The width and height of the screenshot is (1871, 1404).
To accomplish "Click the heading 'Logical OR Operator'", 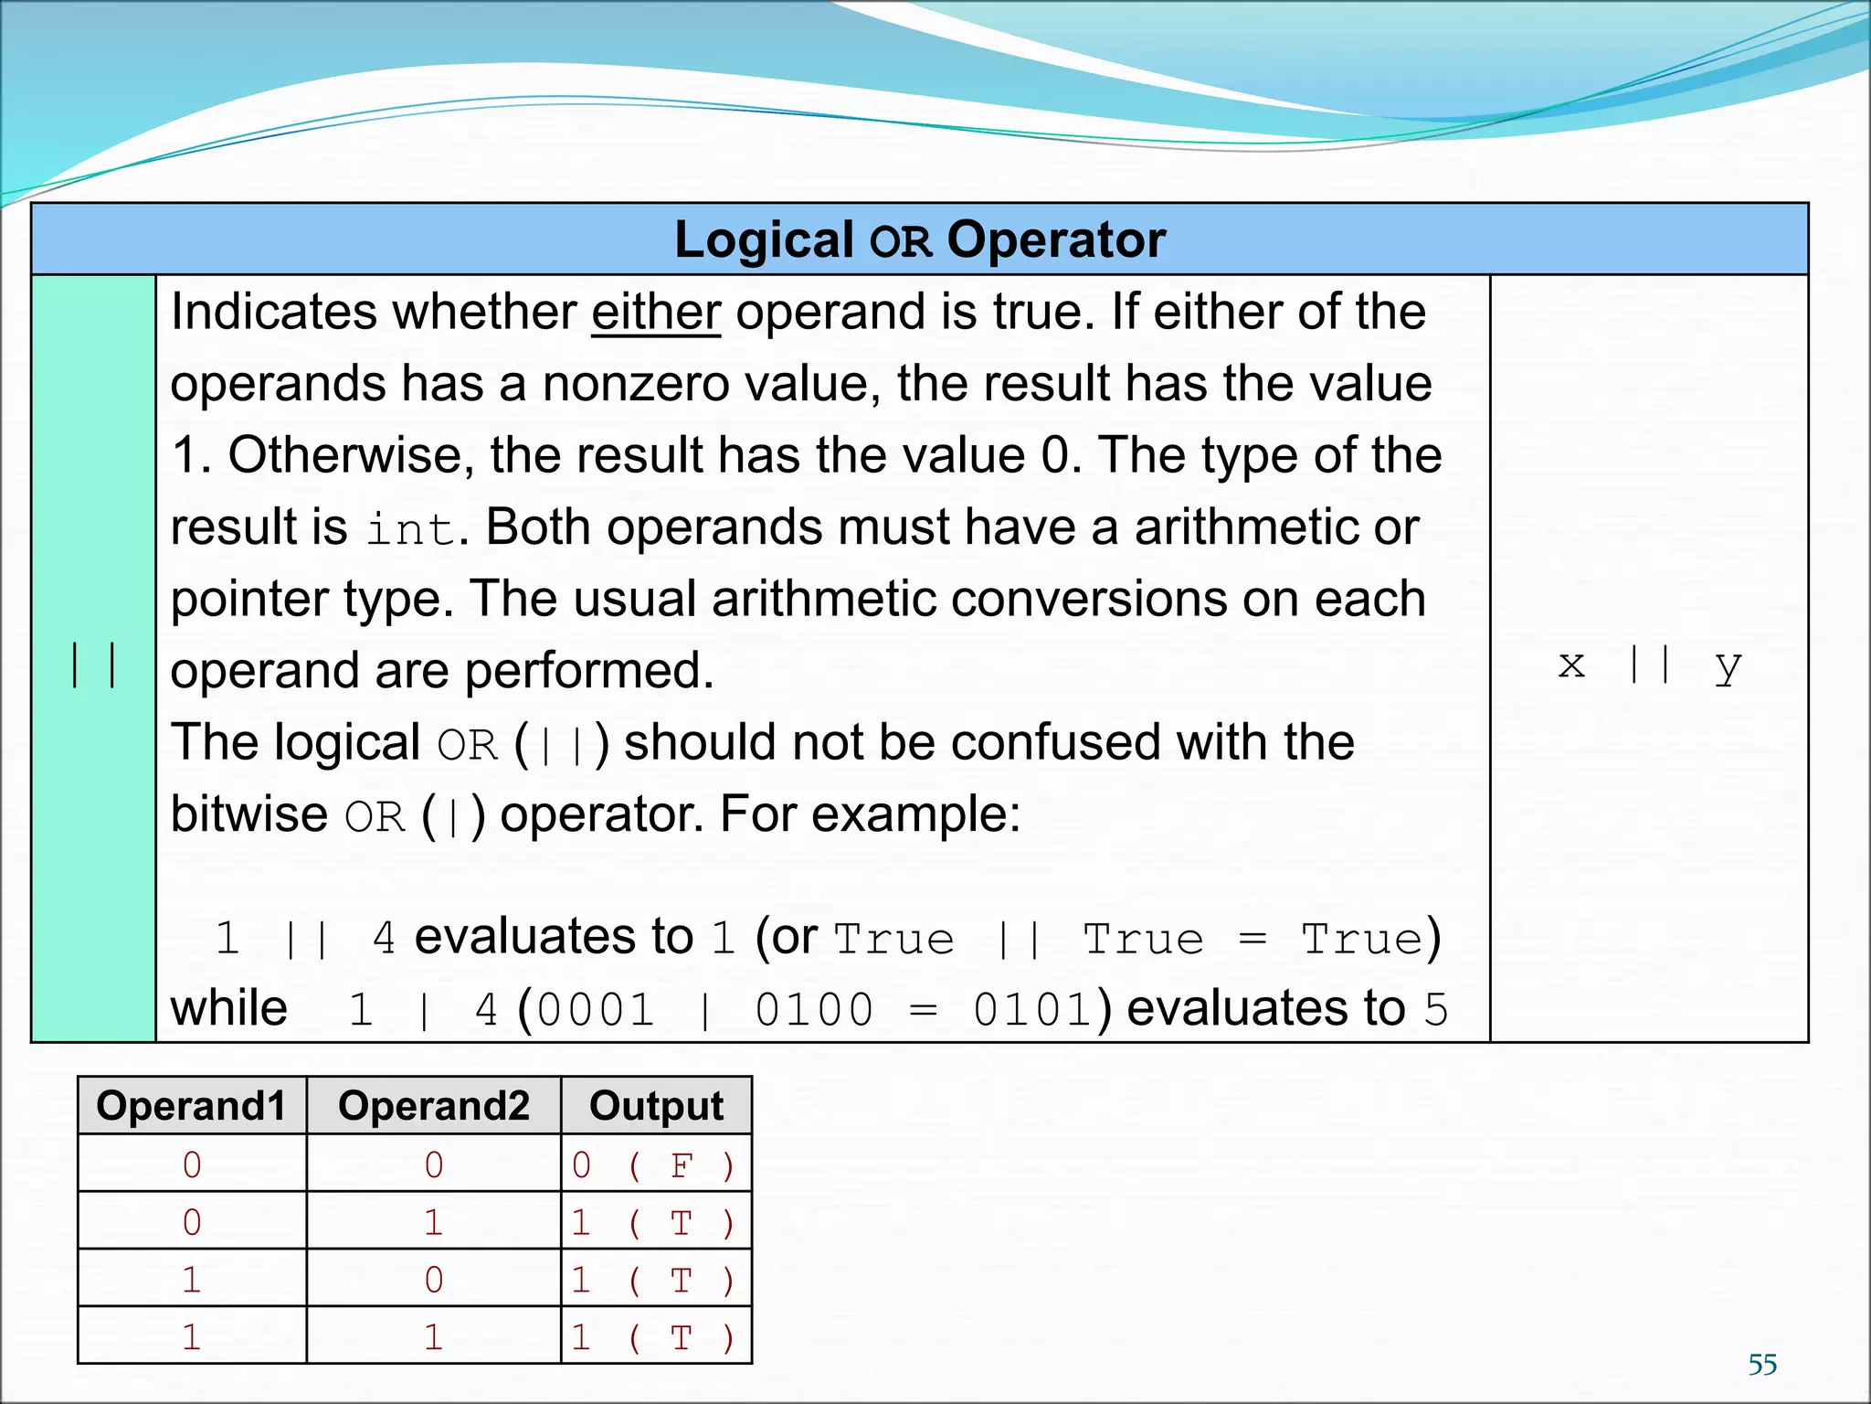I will (x=920, y=240).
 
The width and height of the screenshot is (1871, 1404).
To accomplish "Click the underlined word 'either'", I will (x=656, y=313).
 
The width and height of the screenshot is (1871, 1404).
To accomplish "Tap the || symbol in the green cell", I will (x=93, y=665).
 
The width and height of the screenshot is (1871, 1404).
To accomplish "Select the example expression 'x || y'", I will (x=1650, y=665).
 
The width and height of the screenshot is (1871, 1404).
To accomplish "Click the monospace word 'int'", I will (x=410, y=529).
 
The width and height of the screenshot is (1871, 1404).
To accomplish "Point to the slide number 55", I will (x=1762, y=1365).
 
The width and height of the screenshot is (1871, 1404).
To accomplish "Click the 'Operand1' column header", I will (x=192, y=1106).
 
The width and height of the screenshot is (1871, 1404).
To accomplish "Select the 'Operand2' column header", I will (x=434, y=1106).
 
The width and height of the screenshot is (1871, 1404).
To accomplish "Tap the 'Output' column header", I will (x=656, y=1106).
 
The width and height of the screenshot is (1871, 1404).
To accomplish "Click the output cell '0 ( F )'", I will (x=654, y=1165).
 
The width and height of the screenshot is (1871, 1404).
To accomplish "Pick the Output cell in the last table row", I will (x=654, y=1337).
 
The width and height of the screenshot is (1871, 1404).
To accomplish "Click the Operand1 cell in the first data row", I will (x=192, y=1165).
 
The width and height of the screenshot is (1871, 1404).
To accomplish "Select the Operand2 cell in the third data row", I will (x=434, y=1280).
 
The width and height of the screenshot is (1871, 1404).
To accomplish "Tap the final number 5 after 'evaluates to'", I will (x=1436, y=1011).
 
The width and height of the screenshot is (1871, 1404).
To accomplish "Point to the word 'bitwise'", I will (x=248, y=814).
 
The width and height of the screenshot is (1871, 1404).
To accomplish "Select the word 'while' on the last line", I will (x=229, y=1009).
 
